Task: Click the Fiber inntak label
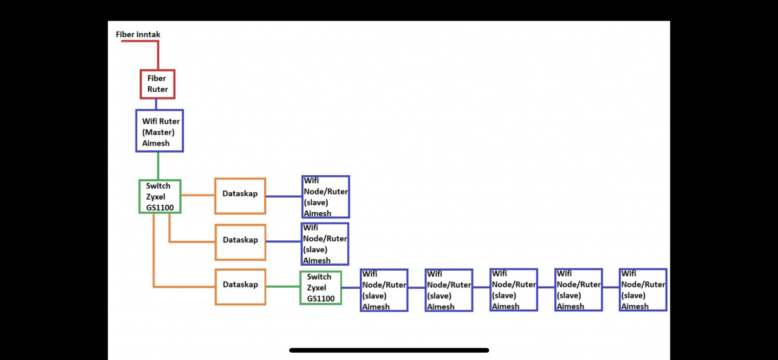(138, 35)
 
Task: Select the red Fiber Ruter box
(157, 84)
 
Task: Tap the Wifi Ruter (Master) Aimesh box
(159, 131)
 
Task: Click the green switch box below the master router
(160, 196)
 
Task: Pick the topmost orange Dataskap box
(240, 196)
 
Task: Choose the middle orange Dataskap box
(240, 242)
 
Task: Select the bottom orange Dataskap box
(240, 286)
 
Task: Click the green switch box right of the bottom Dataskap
(320, 288)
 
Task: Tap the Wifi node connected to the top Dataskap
(326, 196)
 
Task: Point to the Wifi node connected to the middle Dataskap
(325, 243)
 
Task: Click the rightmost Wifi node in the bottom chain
(643, 290)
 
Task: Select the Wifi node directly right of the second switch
(384, 290)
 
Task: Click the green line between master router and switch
(158, 165)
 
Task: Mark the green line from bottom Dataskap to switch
(283, 286)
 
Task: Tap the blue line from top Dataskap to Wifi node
(284, 196)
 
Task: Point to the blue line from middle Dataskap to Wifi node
(284, 241)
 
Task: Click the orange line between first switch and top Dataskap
(198, 195)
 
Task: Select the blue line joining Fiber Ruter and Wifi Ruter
(156, 104)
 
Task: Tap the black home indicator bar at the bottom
(389, 350)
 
